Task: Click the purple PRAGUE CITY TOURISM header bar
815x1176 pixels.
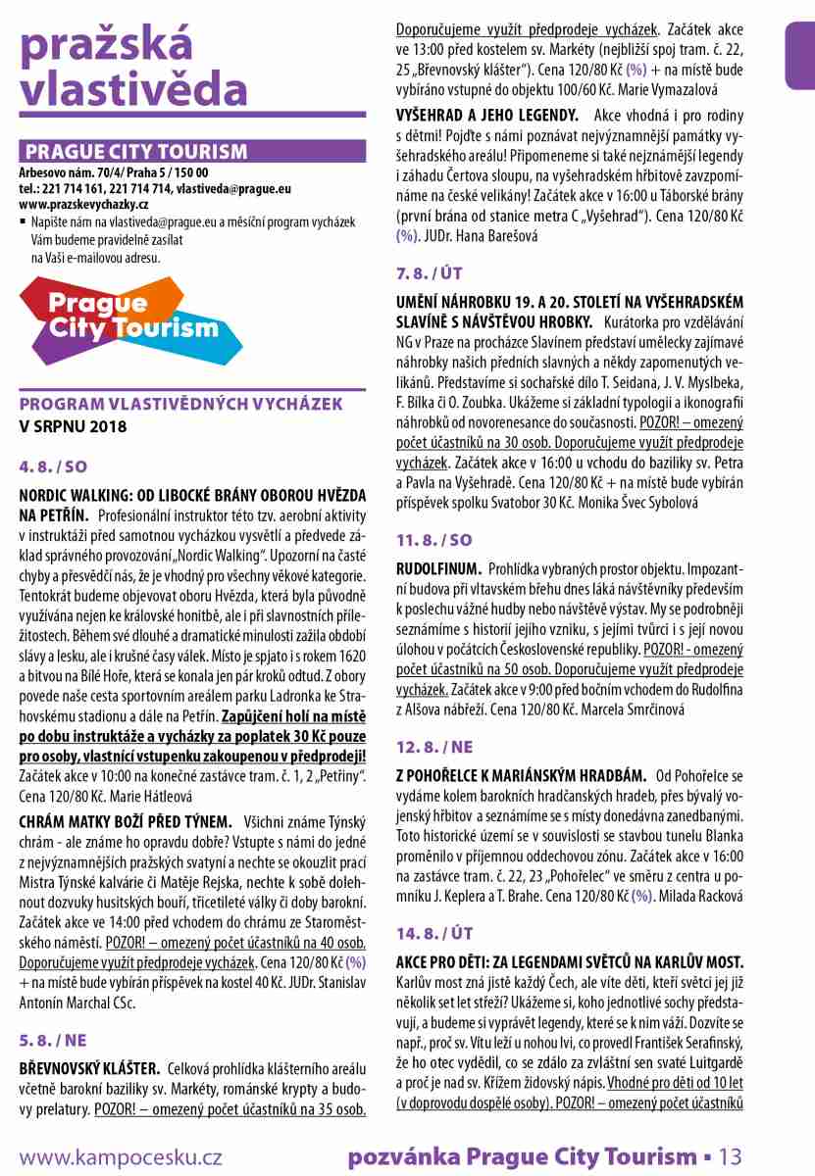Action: click(x=192, y=152)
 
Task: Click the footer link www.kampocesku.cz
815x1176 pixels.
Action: click(x=120, y=1157)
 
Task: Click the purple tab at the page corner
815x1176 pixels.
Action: click(x=801, y=54)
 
